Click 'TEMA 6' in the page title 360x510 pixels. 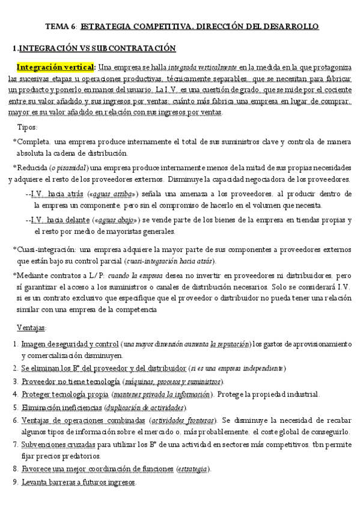[59, 26]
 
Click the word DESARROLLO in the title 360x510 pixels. [290, 26]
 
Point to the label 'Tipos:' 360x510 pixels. [28, 127]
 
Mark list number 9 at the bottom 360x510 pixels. [15, 482]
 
